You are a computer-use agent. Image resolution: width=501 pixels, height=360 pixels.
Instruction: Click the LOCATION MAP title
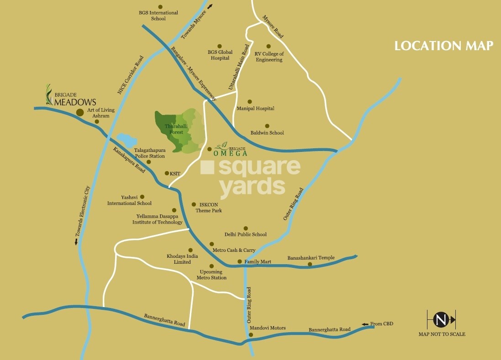coord(443,46)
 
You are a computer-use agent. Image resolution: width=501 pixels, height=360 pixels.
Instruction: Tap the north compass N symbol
coord(441,320)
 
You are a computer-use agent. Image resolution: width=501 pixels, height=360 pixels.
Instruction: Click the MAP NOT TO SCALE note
coord(442,334)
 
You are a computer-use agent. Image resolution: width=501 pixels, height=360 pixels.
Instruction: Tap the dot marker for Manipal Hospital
coord(250,102)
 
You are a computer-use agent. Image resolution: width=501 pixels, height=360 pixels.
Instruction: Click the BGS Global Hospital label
coord(220,55)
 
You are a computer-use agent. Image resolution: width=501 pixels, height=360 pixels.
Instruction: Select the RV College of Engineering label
coord(269,57)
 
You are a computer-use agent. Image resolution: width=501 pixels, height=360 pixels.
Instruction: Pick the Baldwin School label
coord(267,133)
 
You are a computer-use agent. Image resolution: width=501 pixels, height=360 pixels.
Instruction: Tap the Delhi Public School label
coord(245,235)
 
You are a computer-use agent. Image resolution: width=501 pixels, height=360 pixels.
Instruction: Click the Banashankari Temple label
coord(311,258)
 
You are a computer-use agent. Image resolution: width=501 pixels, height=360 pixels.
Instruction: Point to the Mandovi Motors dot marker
coord(251,334)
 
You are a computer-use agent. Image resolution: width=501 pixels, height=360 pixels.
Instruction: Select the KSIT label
coord(175,173)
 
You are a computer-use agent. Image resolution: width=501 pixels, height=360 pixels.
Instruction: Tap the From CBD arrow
coord(364,324)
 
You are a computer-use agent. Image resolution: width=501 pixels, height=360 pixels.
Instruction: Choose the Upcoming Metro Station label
coord(211,275)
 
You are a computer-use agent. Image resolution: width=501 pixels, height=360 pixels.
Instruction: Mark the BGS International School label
coord(158,16)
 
